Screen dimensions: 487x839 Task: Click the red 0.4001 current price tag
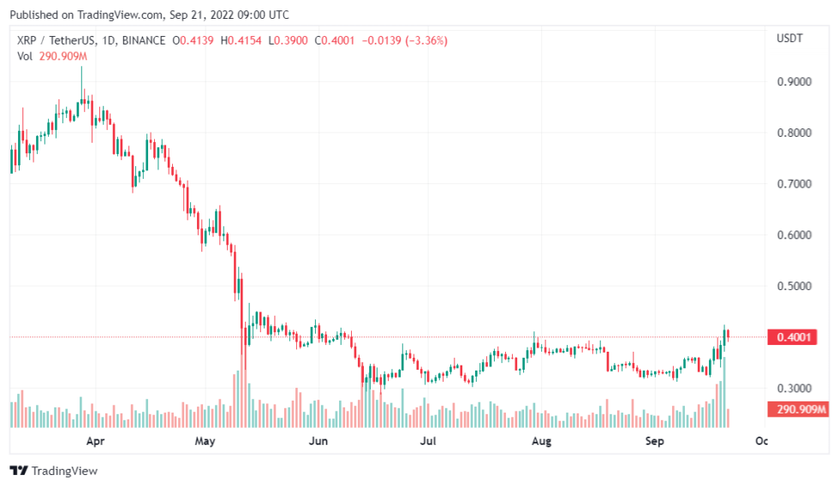point(793,337)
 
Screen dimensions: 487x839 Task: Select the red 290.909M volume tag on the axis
point(800,410)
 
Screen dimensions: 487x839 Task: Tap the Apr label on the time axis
point(96,442)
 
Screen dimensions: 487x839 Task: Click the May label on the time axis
point(205,442)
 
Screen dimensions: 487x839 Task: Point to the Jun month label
point(318,442)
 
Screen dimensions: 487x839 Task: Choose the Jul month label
point(428,442)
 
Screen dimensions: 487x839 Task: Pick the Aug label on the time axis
point(540,442)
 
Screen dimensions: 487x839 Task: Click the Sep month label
point(654,442)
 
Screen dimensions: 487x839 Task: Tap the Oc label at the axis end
point(760,442)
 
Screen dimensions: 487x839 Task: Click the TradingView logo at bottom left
point(53,471)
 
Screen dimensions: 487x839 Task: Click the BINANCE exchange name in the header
point(145,40)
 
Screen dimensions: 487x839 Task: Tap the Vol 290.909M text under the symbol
point(53,56)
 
